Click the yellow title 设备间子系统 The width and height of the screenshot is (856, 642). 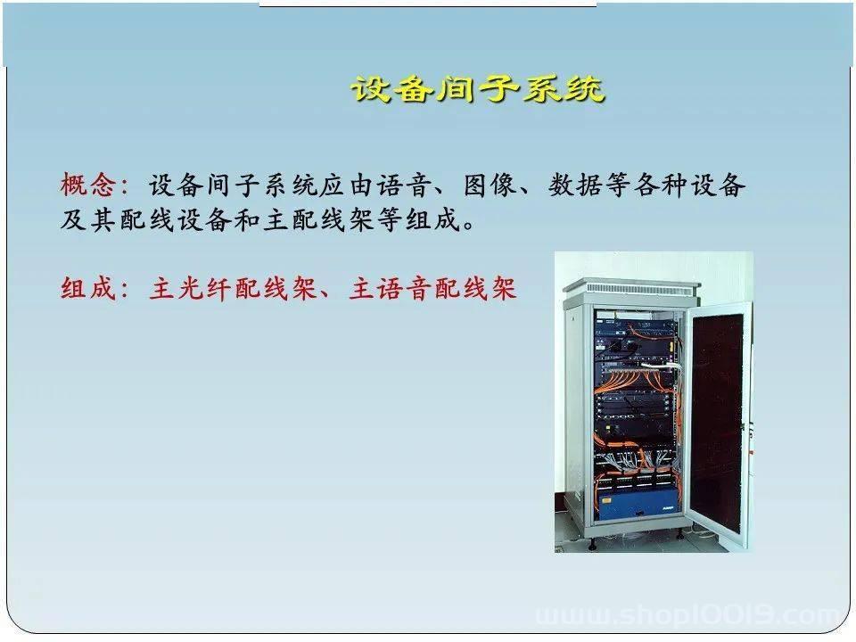478,88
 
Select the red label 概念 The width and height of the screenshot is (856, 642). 88,185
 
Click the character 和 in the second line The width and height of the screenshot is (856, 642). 247,220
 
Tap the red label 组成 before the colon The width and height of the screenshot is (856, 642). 88,288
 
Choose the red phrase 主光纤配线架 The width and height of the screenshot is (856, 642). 233,288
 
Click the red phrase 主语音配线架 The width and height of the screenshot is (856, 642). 432,288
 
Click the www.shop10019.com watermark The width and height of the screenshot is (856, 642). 688,615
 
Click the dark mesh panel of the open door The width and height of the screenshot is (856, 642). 717,422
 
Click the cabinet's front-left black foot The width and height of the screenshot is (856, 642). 592,544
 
